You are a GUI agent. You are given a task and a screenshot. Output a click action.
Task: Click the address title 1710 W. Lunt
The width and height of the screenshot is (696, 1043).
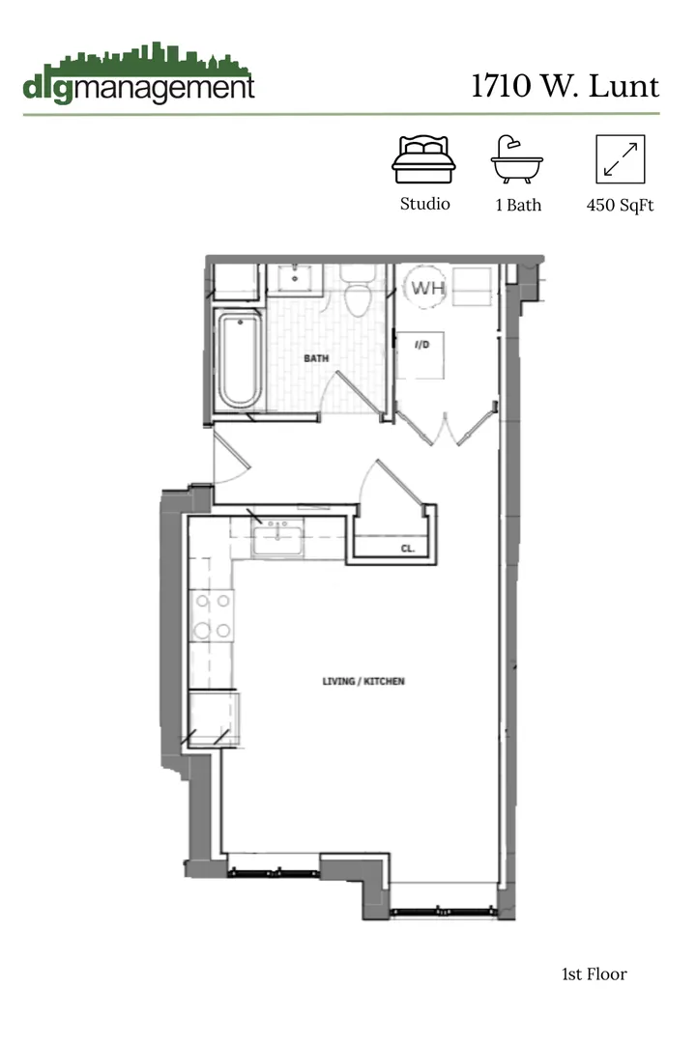tap(565, 86)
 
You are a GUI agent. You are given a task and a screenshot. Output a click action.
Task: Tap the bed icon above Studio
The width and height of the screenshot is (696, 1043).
tap(422, 159)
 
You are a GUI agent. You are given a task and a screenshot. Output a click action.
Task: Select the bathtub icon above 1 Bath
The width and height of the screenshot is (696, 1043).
tap(517, 159)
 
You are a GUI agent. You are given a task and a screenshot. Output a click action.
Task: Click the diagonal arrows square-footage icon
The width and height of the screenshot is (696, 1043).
tap(621, 159)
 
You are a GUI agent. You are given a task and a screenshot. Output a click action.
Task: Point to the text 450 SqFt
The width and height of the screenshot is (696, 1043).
tap(621, 205)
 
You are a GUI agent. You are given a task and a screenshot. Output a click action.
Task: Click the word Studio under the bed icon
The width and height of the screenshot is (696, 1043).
tap(424, 204)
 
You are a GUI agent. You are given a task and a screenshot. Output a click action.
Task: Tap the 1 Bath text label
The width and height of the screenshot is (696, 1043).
tap(518, 205)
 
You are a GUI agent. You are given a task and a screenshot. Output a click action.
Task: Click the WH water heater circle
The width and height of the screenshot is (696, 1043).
tap(426, 287)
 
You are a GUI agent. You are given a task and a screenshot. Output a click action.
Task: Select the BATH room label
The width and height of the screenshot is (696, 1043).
tap(316, 358)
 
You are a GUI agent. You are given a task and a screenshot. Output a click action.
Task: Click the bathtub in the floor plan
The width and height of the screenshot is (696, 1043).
tap(239, 361)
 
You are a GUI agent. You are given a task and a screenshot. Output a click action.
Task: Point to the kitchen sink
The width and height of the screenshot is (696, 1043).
tap(278, 537)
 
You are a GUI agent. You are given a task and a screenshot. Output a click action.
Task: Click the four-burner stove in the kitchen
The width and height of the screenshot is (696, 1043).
tap(213, 615)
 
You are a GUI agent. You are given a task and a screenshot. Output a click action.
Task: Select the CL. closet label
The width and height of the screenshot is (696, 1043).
tap(407, 549)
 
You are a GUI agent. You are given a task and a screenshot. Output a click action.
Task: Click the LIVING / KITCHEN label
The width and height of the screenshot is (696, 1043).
tap(363, 682)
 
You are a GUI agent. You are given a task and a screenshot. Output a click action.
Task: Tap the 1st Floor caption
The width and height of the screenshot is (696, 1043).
tap(594, 973)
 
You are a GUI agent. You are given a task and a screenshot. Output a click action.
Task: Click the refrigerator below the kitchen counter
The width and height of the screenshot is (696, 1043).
tap(214, 719)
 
